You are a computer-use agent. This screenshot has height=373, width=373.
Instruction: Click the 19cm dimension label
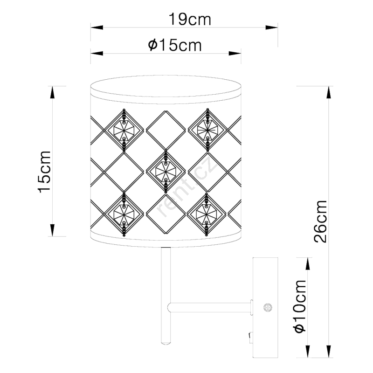coord(190,19)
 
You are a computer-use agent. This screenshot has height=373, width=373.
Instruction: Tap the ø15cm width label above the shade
coord(175,45)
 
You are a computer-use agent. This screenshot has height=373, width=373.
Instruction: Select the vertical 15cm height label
coord(44,172)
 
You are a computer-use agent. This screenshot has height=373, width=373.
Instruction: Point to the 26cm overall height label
coord(320,221)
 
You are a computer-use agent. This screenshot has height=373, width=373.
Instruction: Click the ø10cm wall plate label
coord(299,306)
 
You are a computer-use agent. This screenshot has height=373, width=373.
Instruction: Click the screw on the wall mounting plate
coord(268,307)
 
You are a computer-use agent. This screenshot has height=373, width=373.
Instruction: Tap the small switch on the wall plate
coord(251,338)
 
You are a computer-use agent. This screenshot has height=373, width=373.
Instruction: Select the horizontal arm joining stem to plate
coord(210,307)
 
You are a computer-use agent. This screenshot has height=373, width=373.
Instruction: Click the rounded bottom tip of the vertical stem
coord(166,343)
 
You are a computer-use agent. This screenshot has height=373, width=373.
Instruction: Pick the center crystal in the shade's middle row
coord(166,171)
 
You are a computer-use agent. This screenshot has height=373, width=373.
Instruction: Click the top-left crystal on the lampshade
coord(124,131)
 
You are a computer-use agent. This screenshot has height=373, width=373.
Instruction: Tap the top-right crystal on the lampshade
coord(207,130)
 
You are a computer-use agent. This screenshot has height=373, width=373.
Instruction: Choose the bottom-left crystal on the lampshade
coord(124,214)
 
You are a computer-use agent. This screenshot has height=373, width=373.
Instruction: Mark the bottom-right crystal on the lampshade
coord(206,214)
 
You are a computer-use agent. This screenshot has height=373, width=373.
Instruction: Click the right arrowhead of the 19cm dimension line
coord(271,28)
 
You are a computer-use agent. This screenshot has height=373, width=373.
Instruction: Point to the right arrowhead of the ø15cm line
coord(235,53)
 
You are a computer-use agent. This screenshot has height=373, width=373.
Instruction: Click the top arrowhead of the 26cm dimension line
coord(329,92)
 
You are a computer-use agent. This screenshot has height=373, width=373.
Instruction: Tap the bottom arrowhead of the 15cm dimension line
coord(52,230)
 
